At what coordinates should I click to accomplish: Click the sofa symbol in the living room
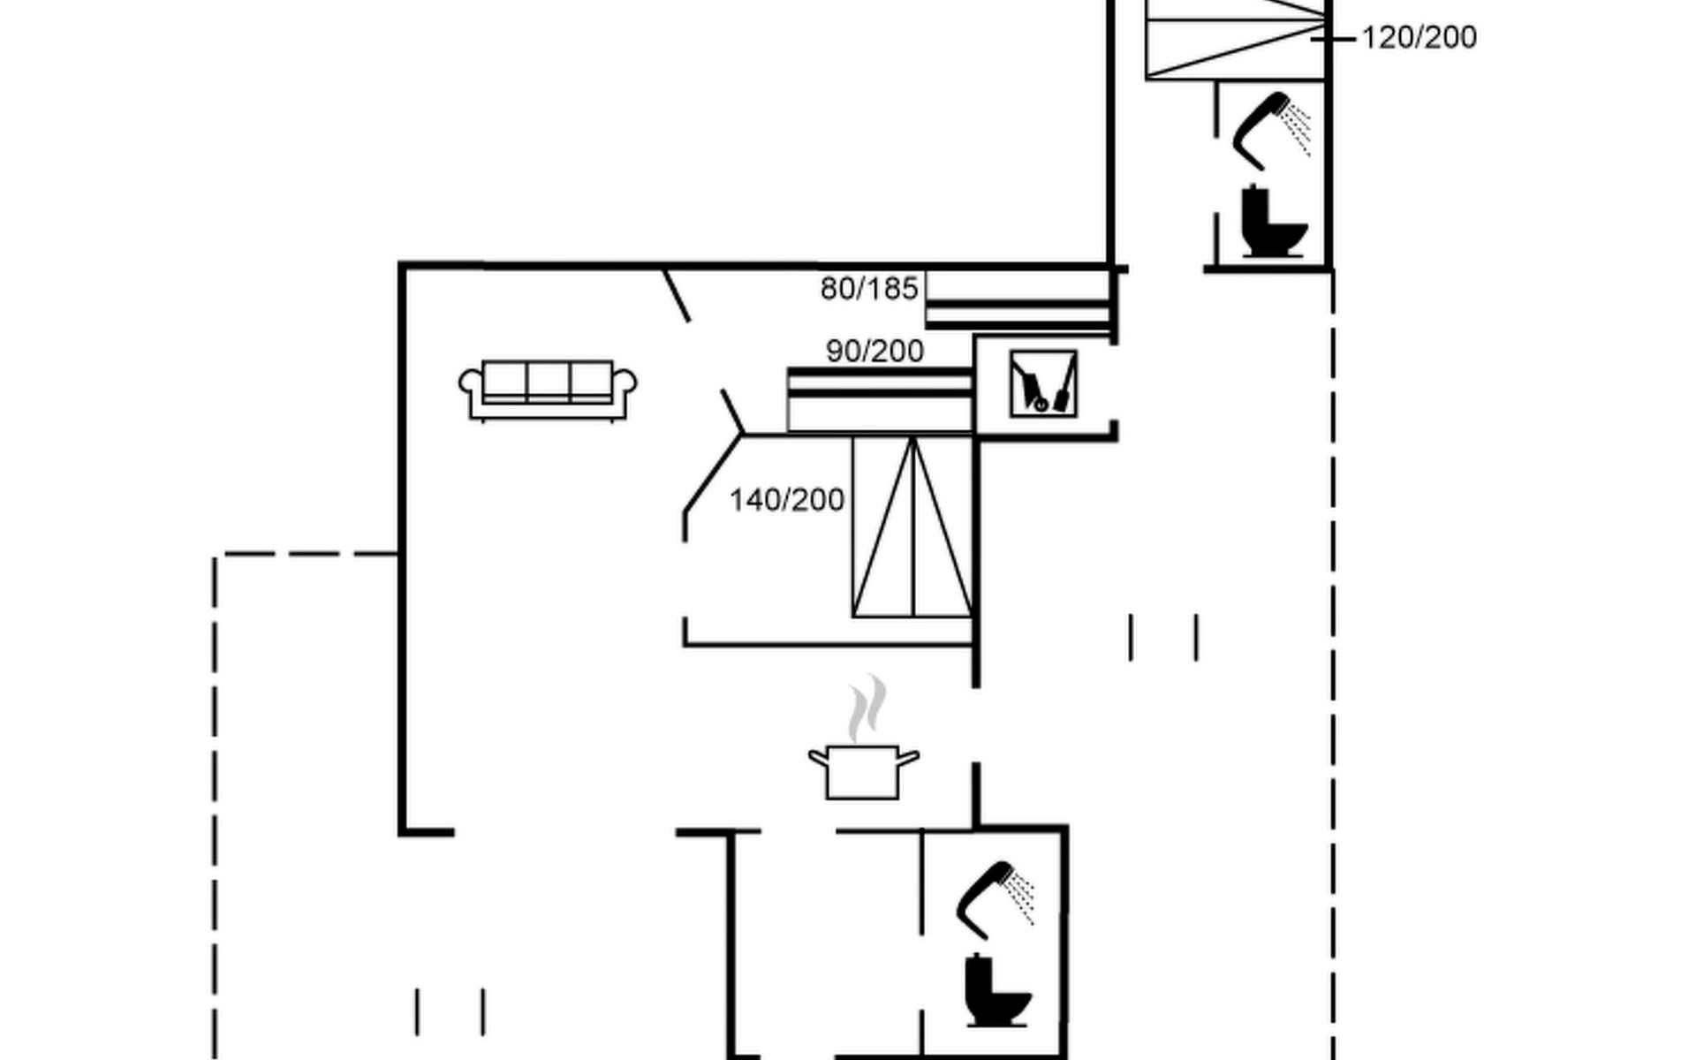(x=548, y=390)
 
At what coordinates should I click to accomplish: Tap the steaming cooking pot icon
(x=863, y=738)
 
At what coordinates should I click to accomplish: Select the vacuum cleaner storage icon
(x=1043, y=383)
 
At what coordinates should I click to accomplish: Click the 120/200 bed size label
(x=1419, y=37)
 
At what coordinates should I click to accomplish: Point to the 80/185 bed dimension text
(x=869, y=288)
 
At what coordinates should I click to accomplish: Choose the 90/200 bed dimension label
(x=874, y=351)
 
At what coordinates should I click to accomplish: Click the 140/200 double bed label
(x=786, y=500)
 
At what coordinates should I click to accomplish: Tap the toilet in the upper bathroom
(x=1273, y=220)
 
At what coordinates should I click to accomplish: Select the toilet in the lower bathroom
(x=997, y=990)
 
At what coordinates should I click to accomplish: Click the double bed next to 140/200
(x=912, y=526)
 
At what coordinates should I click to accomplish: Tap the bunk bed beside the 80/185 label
(x=1018, y=300)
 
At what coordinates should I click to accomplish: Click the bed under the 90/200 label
(x=880, y=400)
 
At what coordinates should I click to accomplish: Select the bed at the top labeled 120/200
(x=1236, y=40)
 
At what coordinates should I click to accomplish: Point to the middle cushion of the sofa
(x=548, y=382)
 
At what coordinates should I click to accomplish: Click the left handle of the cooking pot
(x=818, y=757)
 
